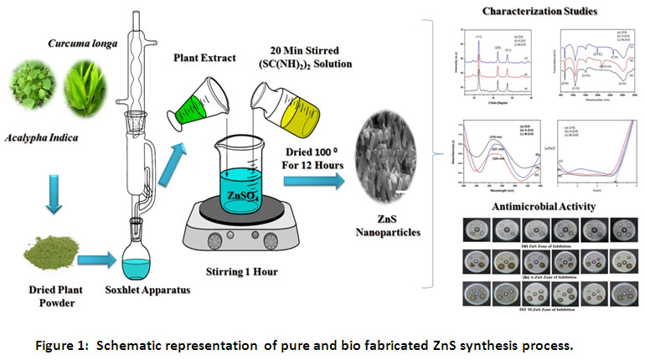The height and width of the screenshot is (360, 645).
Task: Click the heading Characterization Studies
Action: [540, 13]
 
